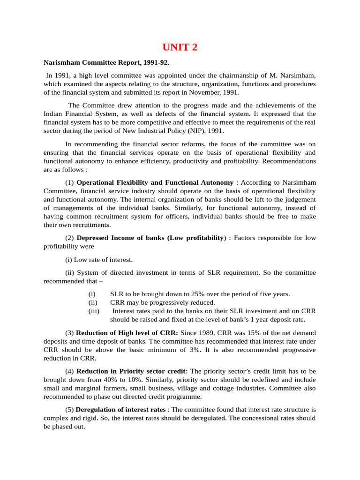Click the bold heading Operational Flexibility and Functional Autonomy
[155, 182]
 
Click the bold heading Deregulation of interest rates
[120, 409]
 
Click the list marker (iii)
[93, 311]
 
